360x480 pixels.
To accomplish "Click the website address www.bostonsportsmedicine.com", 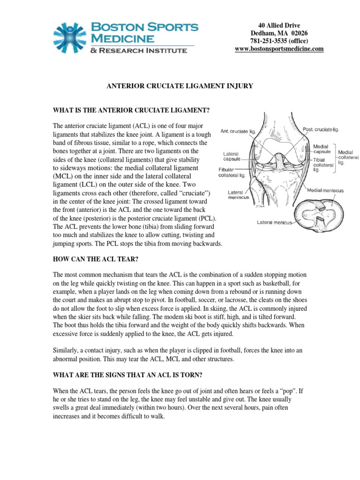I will pyautogui.click(x=279, y=49).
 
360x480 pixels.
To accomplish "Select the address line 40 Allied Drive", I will pyautogui.click(x=279, y=25).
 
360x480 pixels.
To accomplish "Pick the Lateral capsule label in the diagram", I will pyautogui.click(x=232, y=156).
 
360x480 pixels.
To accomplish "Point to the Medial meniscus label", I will pyautogui.click(x=325, y=190).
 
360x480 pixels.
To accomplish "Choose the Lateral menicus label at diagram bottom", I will pyautogui.click(x=274, y=222).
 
